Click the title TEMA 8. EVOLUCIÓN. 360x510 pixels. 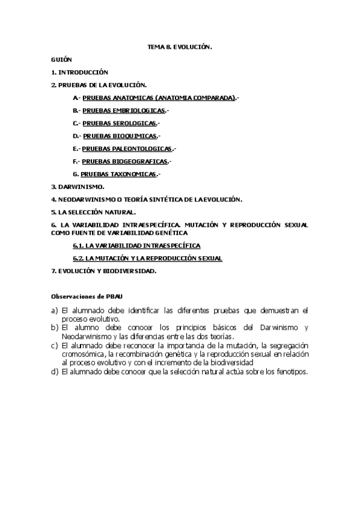(x=180, y=46)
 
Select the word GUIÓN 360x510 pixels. (x=61, y=60)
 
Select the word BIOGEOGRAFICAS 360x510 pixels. (x=140, y=161)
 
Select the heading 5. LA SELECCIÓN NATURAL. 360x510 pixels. (x=93, y=212)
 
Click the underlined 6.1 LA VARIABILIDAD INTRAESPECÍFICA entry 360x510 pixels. (x=136, y=245)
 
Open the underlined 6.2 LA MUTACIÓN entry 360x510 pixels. (x=147, y=258)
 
